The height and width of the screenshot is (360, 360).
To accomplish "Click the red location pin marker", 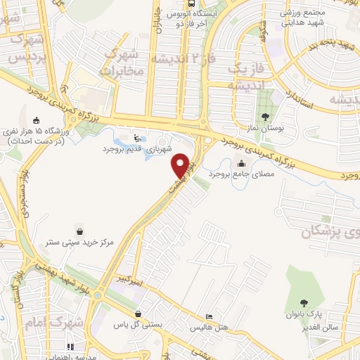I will (x=182, y=165).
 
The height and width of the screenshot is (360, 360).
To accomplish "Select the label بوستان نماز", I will (x=265, y=128).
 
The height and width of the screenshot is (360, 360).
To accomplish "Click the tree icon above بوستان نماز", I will (x=265, y=117).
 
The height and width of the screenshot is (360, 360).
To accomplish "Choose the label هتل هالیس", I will (x=209, y=328).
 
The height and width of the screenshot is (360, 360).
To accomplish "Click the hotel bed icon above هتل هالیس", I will (x=209, y=318).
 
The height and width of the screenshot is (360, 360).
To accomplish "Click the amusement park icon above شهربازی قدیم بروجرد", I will (x=137, y=138).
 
